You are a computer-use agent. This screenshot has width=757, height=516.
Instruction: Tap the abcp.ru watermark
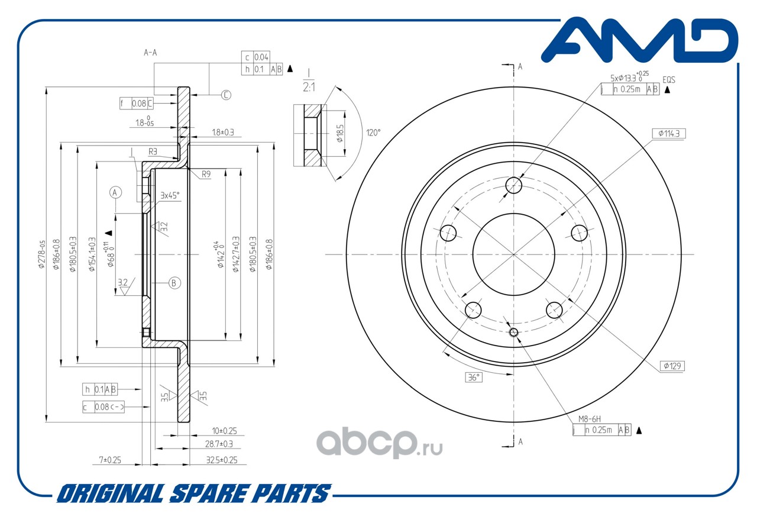[379, 442]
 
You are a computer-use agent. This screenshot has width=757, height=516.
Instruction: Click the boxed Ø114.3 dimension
[669, 134]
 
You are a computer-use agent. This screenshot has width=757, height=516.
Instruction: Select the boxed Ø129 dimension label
[672, 366]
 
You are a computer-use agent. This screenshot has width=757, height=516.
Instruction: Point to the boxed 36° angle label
[474, 378]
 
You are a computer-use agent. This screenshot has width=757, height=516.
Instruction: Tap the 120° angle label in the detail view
[373, 132]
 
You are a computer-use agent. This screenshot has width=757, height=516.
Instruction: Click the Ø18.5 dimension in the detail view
[340, 134]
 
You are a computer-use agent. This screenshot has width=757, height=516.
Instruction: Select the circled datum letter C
[226, 95]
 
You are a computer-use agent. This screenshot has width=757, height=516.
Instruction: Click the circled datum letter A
[115, 192]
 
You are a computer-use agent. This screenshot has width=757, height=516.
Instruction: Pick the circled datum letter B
[174, 283]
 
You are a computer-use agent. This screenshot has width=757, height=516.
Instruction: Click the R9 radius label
[206, 175]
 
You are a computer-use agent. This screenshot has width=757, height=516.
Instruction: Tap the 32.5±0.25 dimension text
[221, 460]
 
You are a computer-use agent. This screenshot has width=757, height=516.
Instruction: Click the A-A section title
[150, 53]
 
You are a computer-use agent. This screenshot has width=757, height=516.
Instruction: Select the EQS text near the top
[668, 79]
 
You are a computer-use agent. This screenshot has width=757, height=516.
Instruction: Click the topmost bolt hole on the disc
[514, 185]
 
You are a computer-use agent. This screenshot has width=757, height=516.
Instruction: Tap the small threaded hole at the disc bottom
[514, 333]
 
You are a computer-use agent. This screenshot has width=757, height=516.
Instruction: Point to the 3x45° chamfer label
[170, 195]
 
